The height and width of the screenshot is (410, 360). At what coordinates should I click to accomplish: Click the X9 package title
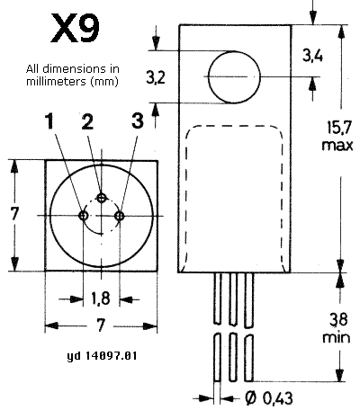tap(75, 29)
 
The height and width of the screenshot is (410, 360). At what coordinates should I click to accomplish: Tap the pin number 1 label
tap(49, 121)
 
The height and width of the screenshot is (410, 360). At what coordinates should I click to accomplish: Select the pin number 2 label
tap(87, 121)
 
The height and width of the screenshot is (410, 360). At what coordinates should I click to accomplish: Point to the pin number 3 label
tap(138, 120)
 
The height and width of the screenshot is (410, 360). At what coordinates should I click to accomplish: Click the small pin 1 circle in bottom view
tap(84, 215)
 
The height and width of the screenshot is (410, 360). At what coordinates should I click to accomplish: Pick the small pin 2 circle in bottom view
tap(102, 198)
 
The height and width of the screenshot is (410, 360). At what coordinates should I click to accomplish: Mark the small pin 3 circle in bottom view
tap(120, 216)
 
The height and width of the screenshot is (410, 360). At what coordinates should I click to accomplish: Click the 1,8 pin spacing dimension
tap(101, 299)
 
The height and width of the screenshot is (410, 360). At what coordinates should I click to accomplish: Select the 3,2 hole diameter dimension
tap(156, 77)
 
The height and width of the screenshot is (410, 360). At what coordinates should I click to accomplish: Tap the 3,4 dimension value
tap(312, 56)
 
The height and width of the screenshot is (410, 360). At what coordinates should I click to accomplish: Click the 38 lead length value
tap(338, 319)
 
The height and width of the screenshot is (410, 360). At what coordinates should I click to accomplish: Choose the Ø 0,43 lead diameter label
tap(268, 398)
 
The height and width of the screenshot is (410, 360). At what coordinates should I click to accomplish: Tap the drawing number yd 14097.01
tap(102, 356)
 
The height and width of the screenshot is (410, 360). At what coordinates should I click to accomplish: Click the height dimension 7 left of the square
tap(14, 214)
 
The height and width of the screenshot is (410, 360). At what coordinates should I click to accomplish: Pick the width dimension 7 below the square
tap(101, 325)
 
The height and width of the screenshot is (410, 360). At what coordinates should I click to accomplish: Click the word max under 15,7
tap(337, 146)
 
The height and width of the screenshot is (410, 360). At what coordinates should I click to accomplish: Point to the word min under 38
tap(337, 337)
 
